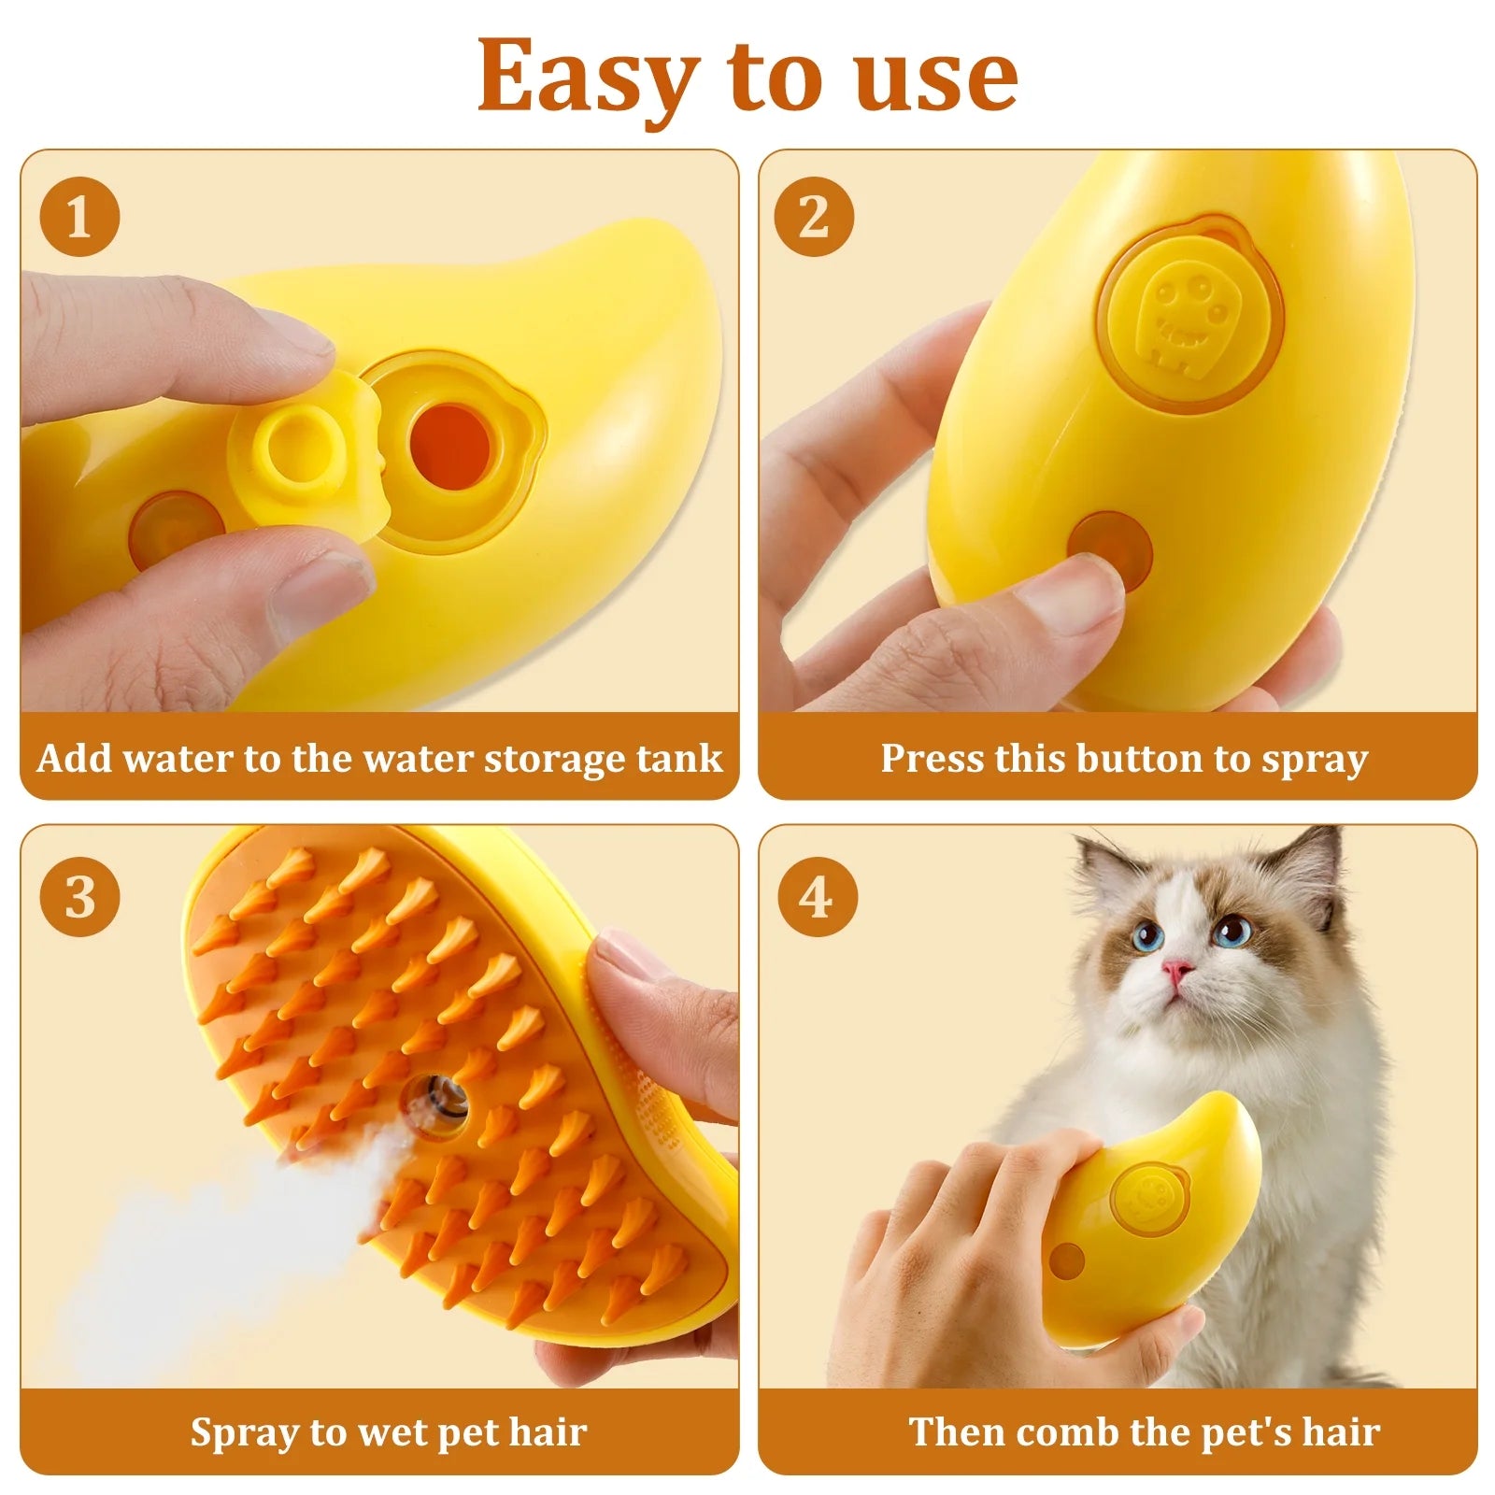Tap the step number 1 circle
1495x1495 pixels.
[x=79, y=217]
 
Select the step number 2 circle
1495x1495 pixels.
[x=814, y=217]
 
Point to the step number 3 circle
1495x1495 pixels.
[x=79, y=897]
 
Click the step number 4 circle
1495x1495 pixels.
[x=817, y=897]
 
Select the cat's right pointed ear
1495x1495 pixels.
[x=1308, y=864]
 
